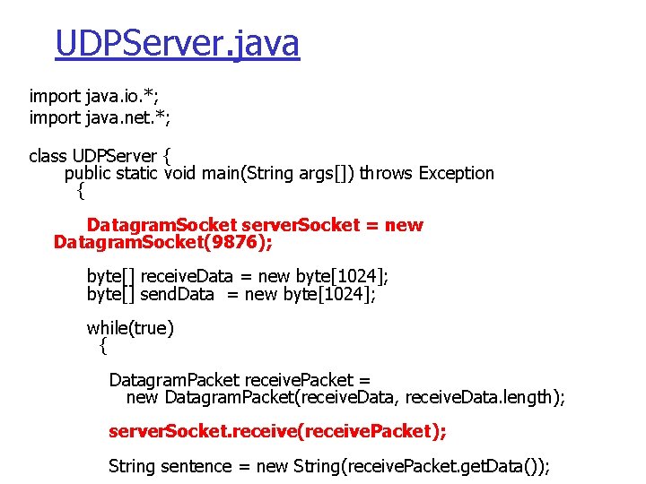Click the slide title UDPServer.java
(x=177, y=43)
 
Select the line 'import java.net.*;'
(x=100, y=117)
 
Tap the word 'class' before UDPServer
(x=48, y=156)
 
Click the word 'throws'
(x=383, y=173)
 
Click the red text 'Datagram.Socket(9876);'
(x=162, y=242)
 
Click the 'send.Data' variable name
(x=178, y=294)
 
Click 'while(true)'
(x=130, y=328)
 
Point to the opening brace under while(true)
(x=103, y=345)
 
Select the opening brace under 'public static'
(x=80, y=190)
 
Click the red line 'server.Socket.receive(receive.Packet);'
(x=276, y=431)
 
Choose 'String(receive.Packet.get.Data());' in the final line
(x=421, y=466)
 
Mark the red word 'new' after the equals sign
(x=404, y=225)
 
